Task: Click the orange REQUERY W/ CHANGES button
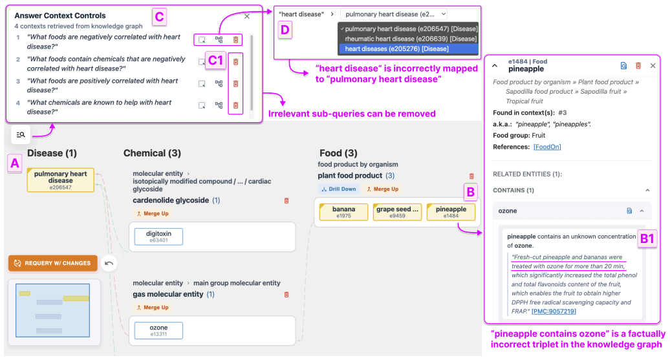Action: [x=53, y=263]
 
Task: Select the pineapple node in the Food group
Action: [x=451, y=212]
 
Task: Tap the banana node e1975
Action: [x=343, y=212]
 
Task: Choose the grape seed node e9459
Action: [x=397, y=212]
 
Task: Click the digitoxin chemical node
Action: [x=158, y=237]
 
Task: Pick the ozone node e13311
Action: [x=158, y=330]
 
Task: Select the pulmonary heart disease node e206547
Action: [x=61, y=180]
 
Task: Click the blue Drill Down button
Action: [x=339, y=189]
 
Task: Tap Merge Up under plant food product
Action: [x=382, y=189]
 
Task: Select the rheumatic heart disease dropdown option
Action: [x=409, y=39]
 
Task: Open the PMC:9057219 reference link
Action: [x=554, y=312]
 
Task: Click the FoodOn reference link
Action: [x=547, y=147]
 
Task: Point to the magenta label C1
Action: [x=216, y=60]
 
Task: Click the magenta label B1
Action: [x=647, y=238]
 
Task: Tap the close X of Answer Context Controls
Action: [x=247, y=16]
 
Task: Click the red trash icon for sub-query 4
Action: [x=235, y=105]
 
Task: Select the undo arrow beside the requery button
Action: [x=109, y=264]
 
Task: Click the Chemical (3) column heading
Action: [x=152, y=153]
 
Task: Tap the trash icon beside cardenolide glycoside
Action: [x=286, y=201]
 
